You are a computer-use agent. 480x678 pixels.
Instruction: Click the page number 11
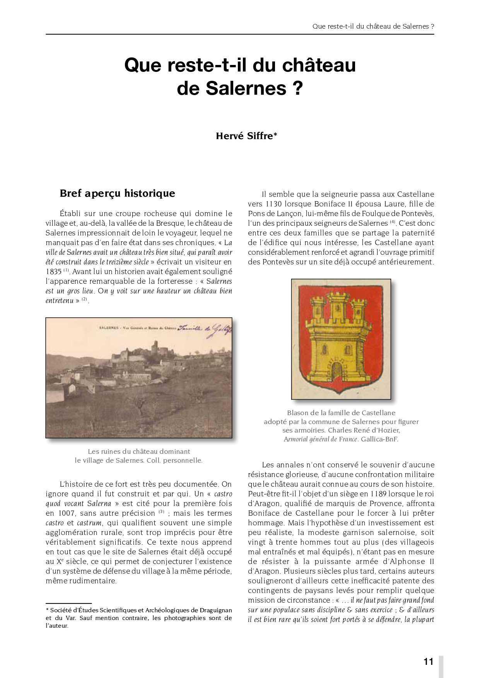[x=428, y=661]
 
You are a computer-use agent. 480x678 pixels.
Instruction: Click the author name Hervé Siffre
[x=246, y=136]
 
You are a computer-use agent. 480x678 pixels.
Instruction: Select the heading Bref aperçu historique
[x=117, y=193]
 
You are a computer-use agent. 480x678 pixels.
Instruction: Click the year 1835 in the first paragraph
[x=54, y=272]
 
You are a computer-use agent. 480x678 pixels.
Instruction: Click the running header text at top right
[x=373, y=26]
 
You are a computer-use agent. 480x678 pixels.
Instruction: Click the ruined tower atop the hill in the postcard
[x=155, y=345]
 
